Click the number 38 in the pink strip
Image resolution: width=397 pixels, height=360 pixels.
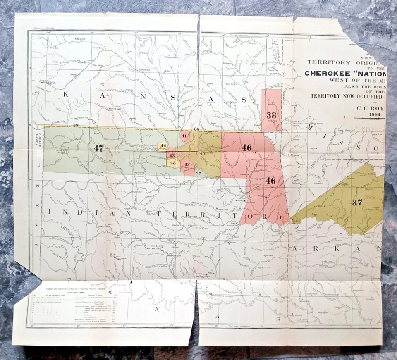point(271,115)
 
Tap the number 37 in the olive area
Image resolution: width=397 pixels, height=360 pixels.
point(357,202)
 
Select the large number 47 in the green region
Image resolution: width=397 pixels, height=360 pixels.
point(98,148)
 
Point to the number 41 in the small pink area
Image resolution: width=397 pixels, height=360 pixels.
point(184,136)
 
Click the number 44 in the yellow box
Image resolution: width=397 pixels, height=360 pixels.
point(163,146)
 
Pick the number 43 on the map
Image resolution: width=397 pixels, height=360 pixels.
point(172,155)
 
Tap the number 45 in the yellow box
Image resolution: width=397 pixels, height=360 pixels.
point(173,163)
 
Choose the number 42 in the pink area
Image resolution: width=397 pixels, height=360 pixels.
point(187,165)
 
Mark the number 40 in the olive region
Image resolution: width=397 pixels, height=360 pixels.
point(202,154)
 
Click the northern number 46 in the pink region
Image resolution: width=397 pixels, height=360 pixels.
point(247,148)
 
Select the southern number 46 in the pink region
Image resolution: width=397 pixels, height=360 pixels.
point(271,180)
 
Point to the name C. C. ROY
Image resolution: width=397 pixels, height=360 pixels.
point(371,106)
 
